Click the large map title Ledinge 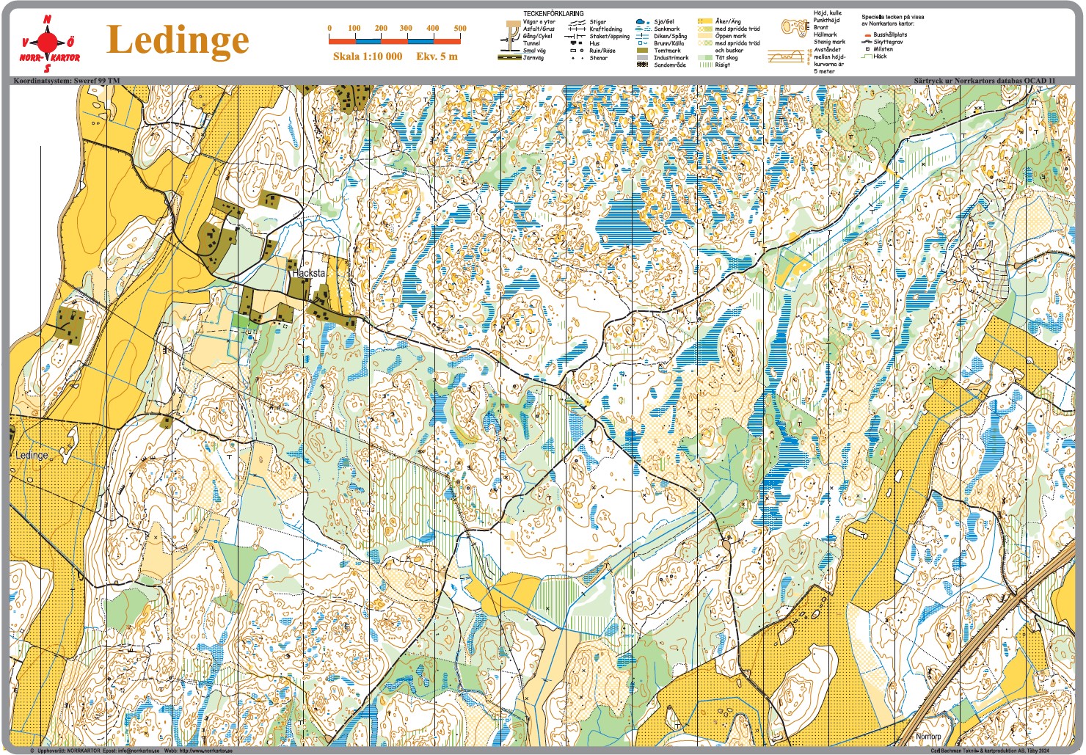[178, 40]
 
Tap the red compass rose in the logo [49, 40]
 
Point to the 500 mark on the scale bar [460, 29]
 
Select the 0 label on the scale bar [329, 29]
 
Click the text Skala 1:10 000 [367, 56]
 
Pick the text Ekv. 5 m [437, 56]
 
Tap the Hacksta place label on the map [308, 273]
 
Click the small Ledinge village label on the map [32, 455]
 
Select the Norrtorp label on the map [928, 736]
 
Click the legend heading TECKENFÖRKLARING [553, 14]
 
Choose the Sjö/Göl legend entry [664, 22]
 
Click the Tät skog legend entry [726, 57]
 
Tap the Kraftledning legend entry [605, 29]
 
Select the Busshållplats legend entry [889, 35]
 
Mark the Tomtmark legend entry [667, 51]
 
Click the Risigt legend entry [722, 65]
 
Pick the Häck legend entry [880, 56]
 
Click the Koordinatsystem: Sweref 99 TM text [66, 80]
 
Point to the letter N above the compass [48, 19]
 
